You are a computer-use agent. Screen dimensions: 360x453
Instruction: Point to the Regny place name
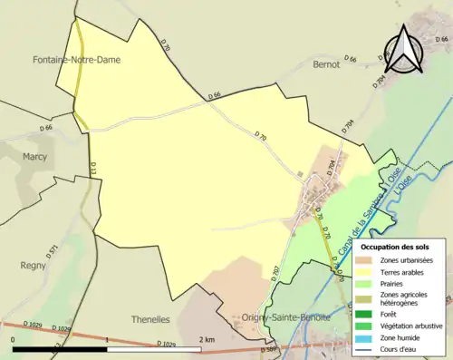click(x=33, y=266)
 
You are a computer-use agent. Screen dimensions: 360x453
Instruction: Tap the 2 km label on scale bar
click(x=207, y=339)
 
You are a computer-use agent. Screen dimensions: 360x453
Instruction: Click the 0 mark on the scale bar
click(x=14, y=339)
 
